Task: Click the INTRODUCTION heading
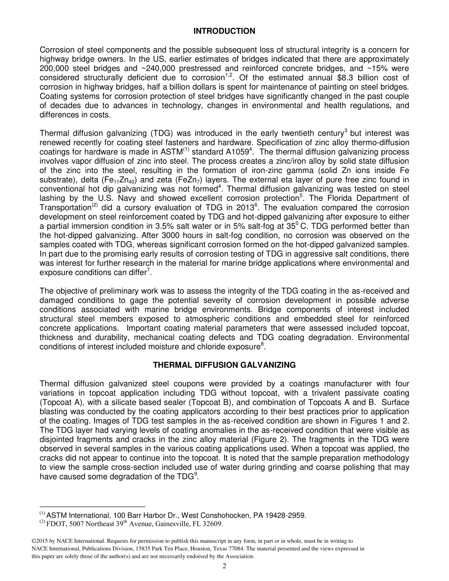[x=224, y=31]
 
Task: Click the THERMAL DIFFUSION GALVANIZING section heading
[x=224, y=365]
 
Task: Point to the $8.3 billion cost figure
[x=351, y=77]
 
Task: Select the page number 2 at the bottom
[x=224, y=566]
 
